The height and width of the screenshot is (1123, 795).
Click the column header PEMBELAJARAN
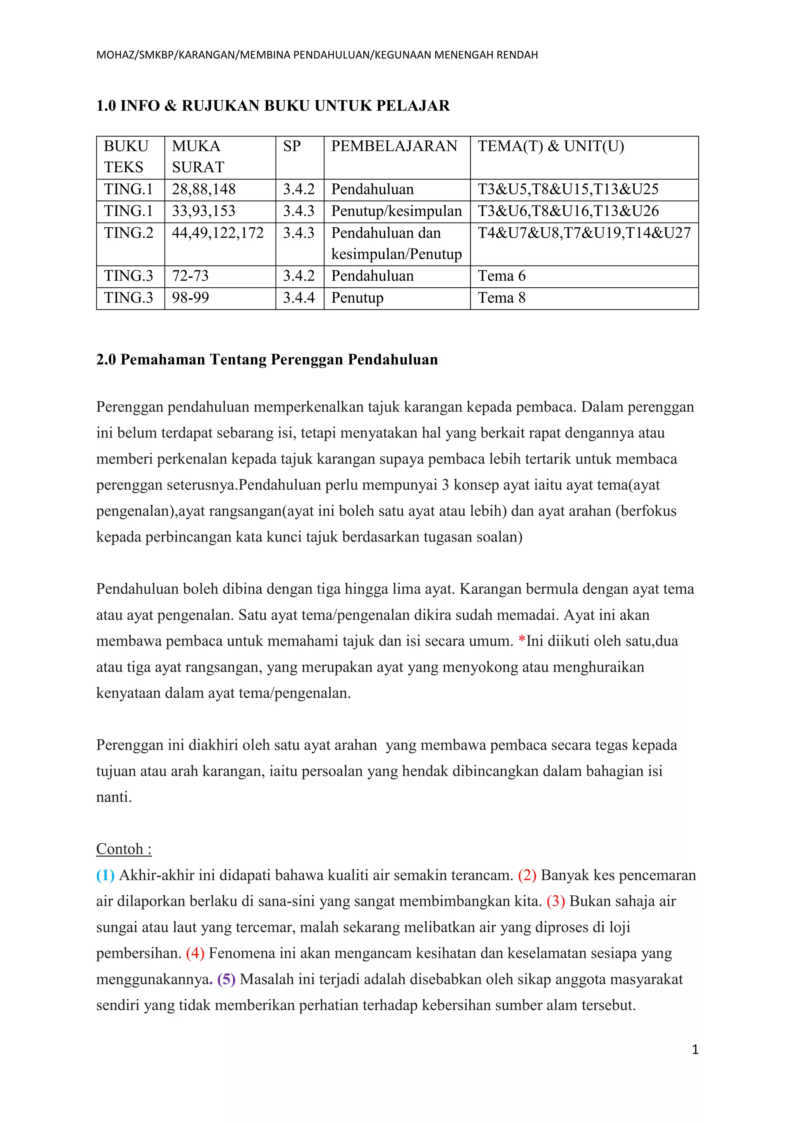pos(394,146)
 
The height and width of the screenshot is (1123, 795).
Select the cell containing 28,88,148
pos(204,189)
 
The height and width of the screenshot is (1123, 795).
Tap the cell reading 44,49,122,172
pos(218,233)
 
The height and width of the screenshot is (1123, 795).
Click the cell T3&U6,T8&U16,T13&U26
pos(568,211)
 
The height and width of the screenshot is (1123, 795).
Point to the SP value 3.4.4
pos(298,298)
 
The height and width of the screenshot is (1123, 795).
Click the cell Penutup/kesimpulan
pos(396,211)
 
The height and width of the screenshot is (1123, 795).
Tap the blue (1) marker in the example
pos(105,875)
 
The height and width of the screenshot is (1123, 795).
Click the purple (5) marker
pos(227,979)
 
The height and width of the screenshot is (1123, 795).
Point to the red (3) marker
pos(555,901)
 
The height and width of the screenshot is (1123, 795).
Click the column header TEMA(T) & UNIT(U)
pos(551,146)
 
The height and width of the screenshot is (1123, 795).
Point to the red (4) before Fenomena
pos(195,953)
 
